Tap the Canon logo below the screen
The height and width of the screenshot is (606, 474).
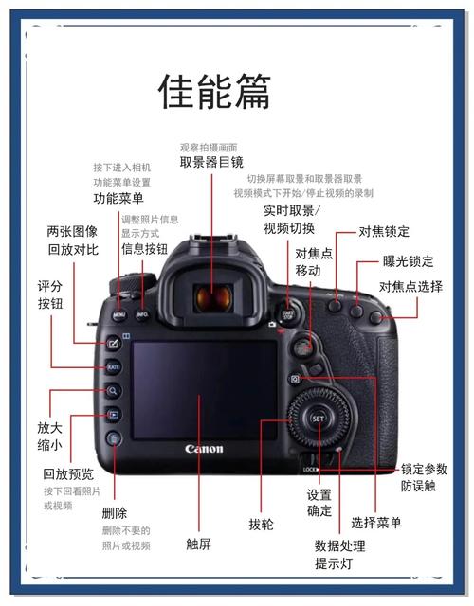[204, 448]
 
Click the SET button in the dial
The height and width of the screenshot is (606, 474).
[319, 418]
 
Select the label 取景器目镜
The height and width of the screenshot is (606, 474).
[211, 163]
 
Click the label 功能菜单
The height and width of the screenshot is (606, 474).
[118, 199]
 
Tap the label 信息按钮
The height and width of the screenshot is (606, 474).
[144, 249]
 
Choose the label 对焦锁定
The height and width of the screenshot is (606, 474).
[384, 231]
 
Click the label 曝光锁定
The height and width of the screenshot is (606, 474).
[408, 261]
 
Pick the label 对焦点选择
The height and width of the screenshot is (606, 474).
[410, 286]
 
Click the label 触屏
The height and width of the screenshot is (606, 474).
[198, 544]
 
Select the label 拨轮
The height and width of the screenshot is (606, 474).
[261, 524]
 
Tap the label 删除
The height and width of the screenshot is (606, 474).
[114, 512]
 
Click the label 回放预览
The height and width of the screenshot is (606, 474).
[68, 474]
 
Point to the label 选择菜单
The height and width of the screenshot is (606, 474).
[375, 522]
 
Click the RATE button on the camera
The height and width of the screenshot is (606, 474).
[113, 366]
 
